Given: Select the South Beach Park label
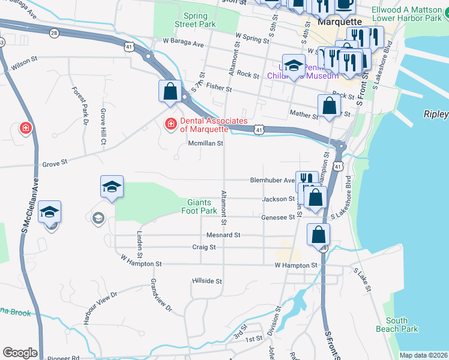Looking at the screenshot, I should [x=401, y=325].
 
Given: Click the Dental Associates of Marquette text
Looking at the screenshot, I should [x=204, y=125].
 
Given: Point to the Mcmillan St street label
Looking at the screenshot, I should [x=206, y=144].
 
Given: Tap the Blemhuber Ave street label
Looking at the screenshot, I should [x=273, y=180].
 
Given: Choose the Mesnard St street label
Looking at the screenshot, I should [x=224, y=235].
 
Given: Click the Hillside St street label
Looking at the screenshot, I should [x=207, y=281].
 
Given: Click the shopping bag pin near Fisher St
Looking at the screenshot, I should [x=170, y=91].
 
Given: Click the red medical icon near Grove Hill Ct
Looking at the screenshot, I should [x=25, y=128].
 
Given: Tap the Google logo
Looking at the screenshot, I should [x=20, y=353].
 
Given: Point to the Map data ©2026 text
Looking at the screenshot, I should [x=423, y=355].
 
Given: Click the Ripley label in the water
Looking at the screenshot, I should [x=436, y=114].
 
